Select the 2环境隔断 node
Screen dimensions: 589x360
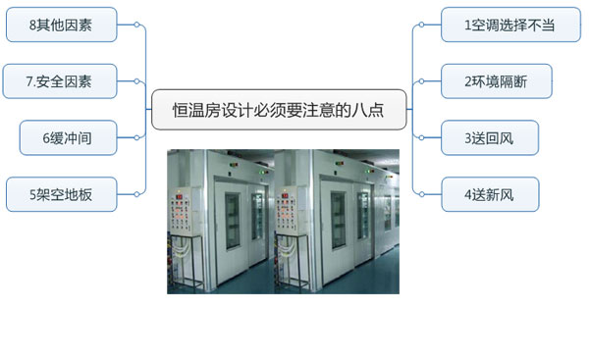[495, 81]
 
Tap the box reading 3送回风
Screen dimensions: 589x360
[489, 138]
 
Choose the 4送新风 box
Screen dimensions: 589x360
[489, 194]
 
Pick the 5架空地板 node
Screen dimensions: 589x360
[61, 194]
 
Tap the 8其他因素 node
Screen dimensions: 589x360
[61, 26]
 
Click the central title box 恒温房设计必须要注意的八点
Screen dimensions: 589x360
[279, 110]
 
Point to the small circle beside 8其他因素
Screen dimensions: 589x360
[135, 26]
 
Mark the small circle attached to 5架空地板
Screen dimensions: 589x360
[135, 194]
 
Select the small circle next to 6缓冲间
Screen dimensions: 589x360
[135, 138]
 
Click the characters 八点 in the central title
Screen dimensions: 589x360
[379, 110]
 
